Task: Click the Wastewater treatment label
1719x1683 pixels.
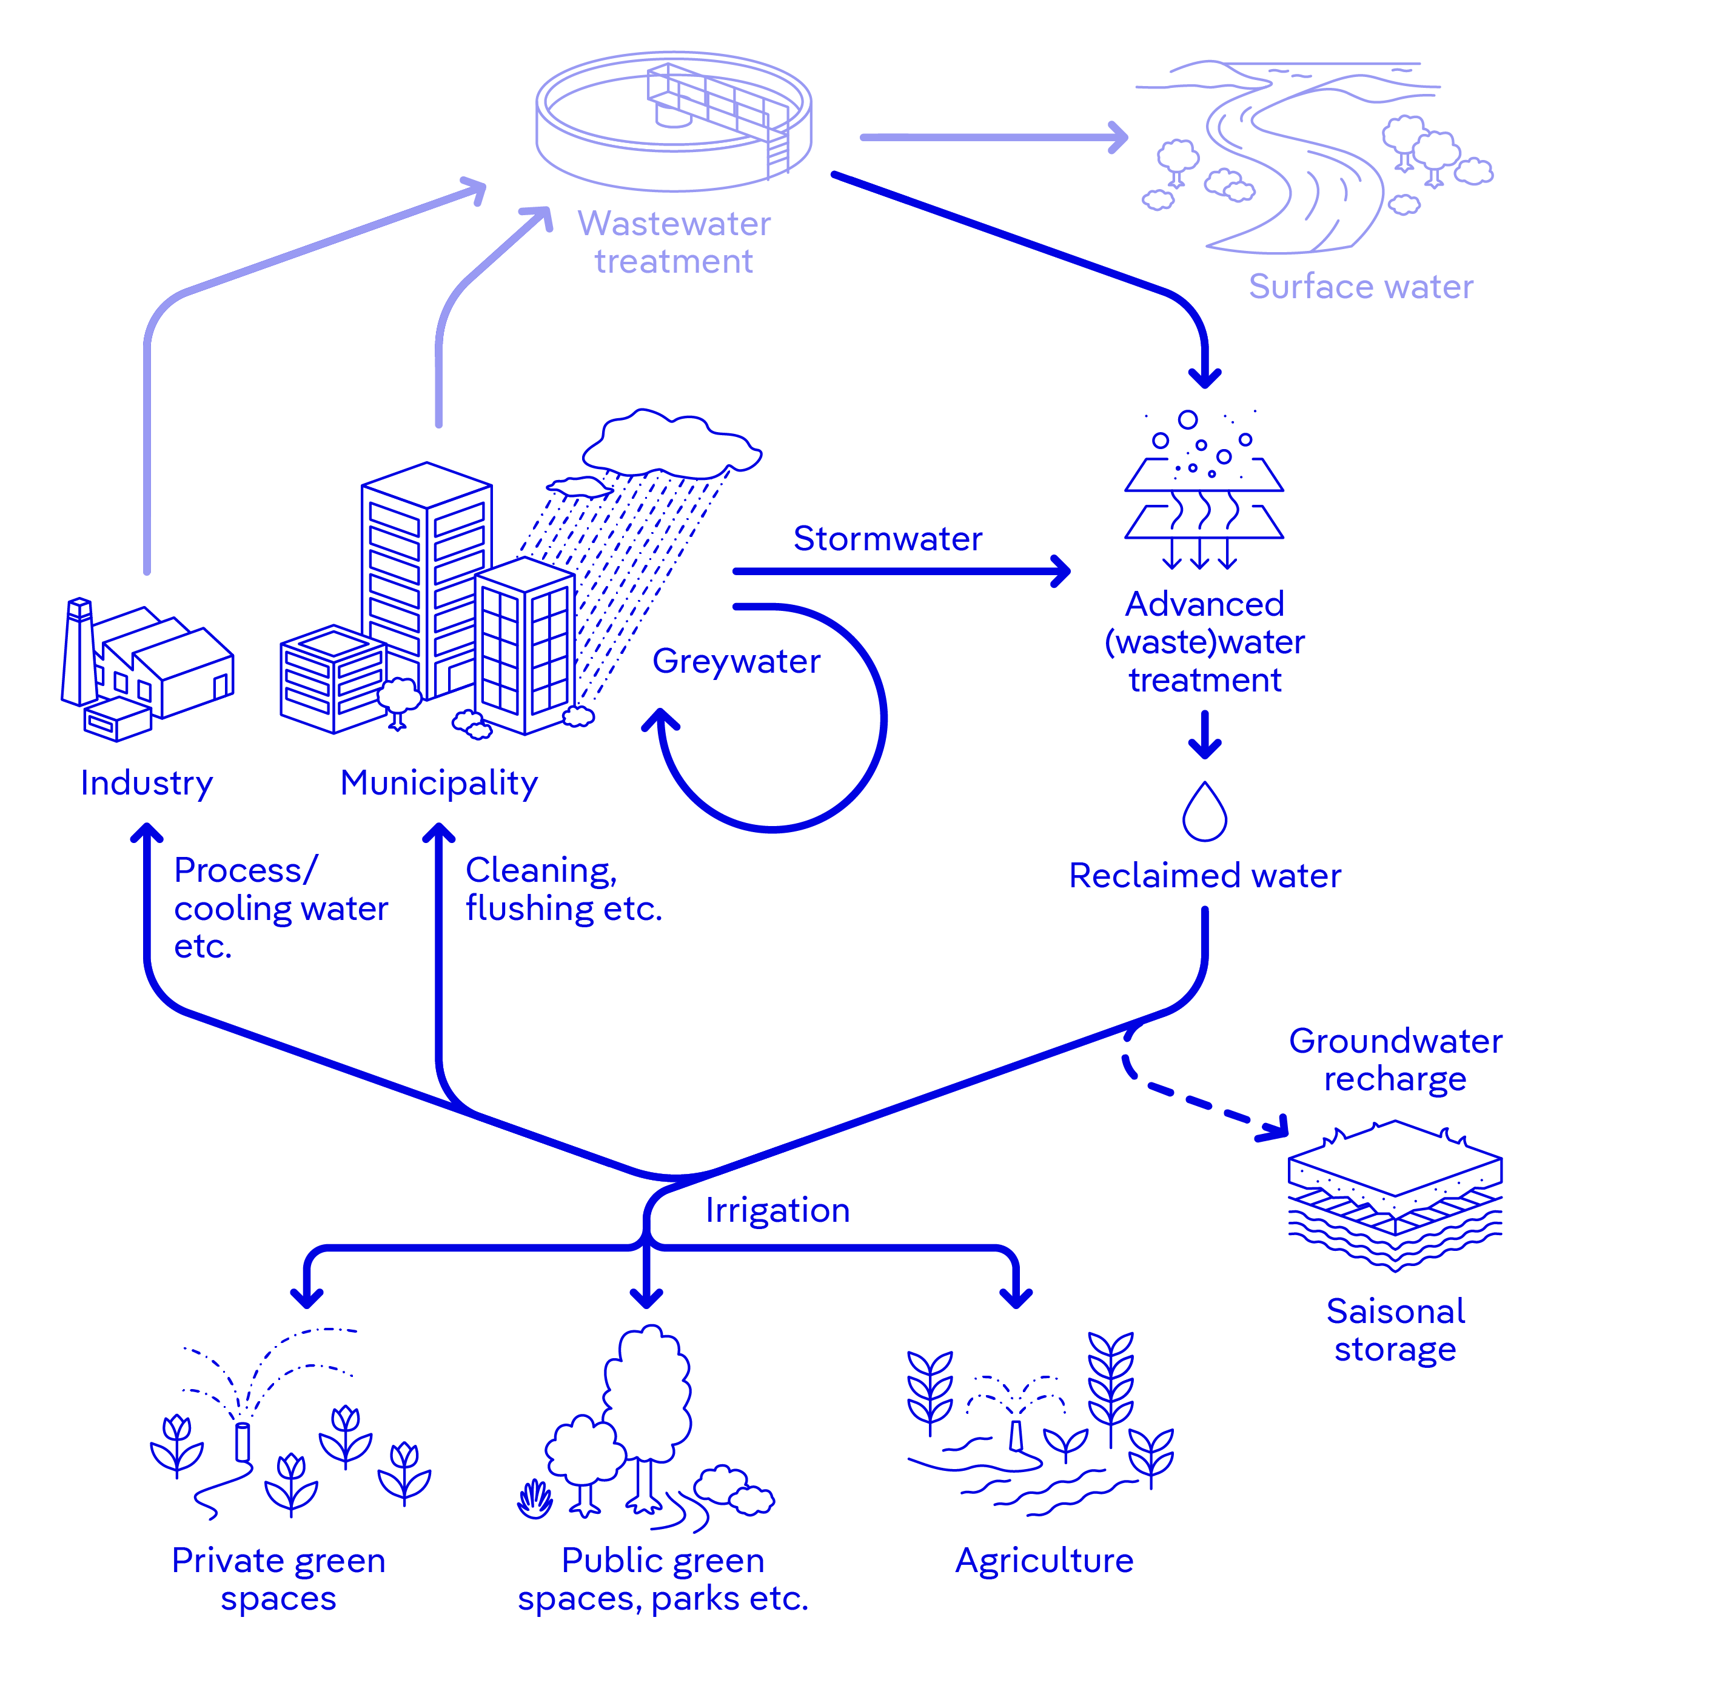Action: (674, 242)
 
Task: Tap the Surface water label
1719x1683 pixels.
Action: (1360, 287)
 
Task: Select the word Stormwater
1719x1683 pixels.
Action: (887, 538)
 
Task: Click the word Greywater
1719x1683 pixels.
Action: (736, 661)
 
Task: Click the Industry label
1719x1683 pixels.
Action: (147, 783)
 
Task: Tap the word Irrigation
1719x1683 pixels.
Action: (777, 1210)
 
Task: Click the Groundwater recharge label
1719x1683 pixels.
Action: (1395, 1060)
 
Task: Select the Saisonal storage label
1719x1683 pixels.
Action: (1395, 1330)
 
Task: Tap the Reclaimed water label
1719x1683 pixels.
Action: (1204, 876)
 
